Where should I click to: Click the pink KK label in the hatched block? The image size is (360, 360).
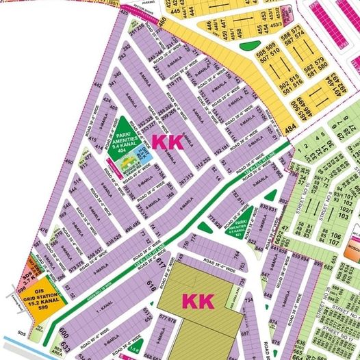(x=198, y=301)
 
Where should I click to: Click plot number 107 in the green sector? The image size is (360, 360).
(x=335, y=241)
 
